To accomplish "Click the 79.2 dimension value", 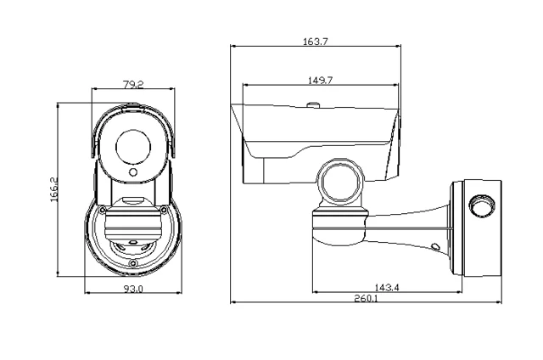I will [x=132, y=84].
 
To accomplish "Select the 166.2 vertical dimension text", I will [x=53, y=188].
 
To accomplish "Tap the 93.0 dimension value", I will [x=133, y=290].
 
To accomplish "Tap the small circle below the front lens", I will [x=132, y=173].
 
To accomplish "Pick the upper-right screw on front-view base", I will [x=164, y=210].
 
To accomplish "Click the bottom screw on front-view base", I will [x=132, y=264].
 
